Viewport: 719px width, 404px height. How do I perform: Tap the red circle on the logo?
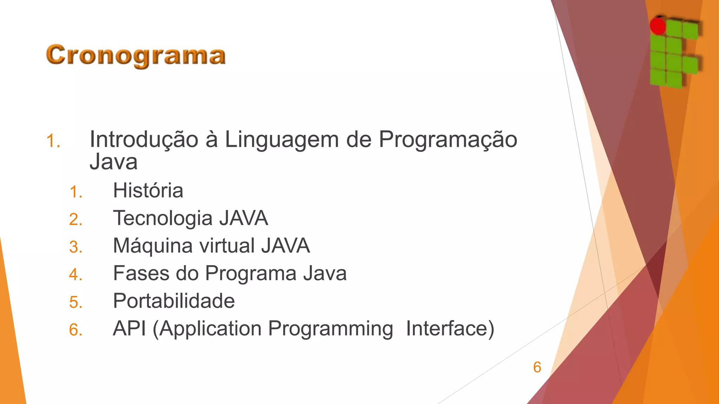coord(658,26)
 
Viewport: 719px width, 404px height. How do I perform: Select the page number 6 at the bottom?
coord(537,367)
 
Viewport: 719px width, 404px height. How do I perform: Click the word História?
coord(148,191)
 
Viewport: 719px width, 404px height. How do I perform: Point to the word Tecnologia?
coord(163,218)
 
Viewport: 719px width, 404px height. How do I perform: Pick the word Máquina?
coord(153,246)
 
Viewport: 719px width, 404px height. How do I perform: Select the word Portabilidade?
coord(174,301)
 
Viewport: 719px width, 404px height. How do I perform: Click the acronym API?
coord(129,329)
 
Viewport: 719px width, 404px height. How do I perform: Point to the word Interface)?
coord(450,329)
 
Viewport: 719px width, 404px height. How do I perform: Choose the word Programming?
coord(330,329)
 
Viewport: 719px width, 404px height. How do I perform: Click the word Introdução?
coord(144,140)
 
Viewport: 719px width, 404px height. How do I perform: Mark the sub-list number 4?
coord(76,275)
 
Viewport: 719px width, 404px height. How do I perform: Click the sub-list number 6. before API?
coord(76,330)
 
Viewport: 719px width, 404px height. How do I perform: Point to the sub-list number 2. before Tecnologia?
coord(76,220)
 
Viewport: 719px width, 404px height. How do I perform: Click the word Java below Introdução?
coord(113,162)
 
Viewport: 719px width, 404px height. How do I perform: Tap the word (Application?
coord(207,329)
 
